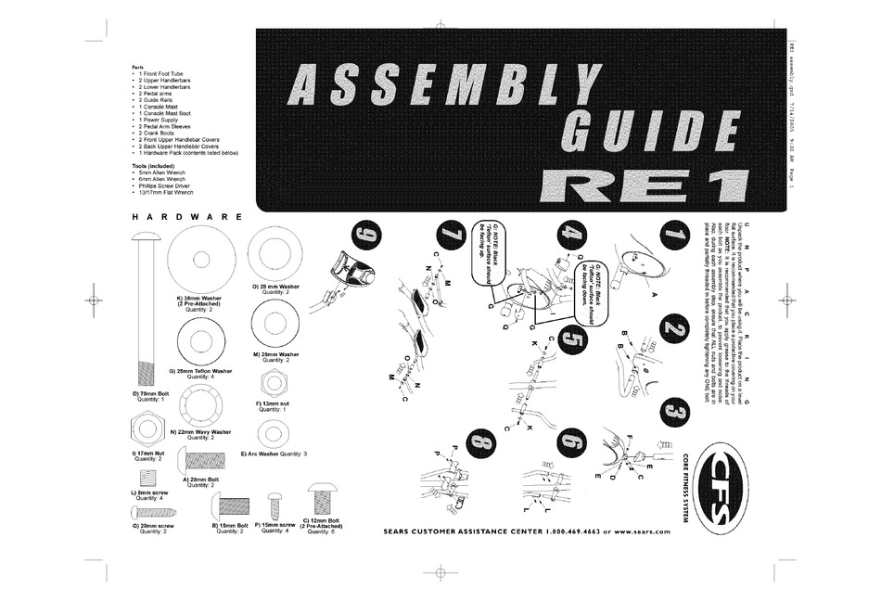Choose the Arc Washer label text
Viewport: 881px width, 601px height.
[273, 454]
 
